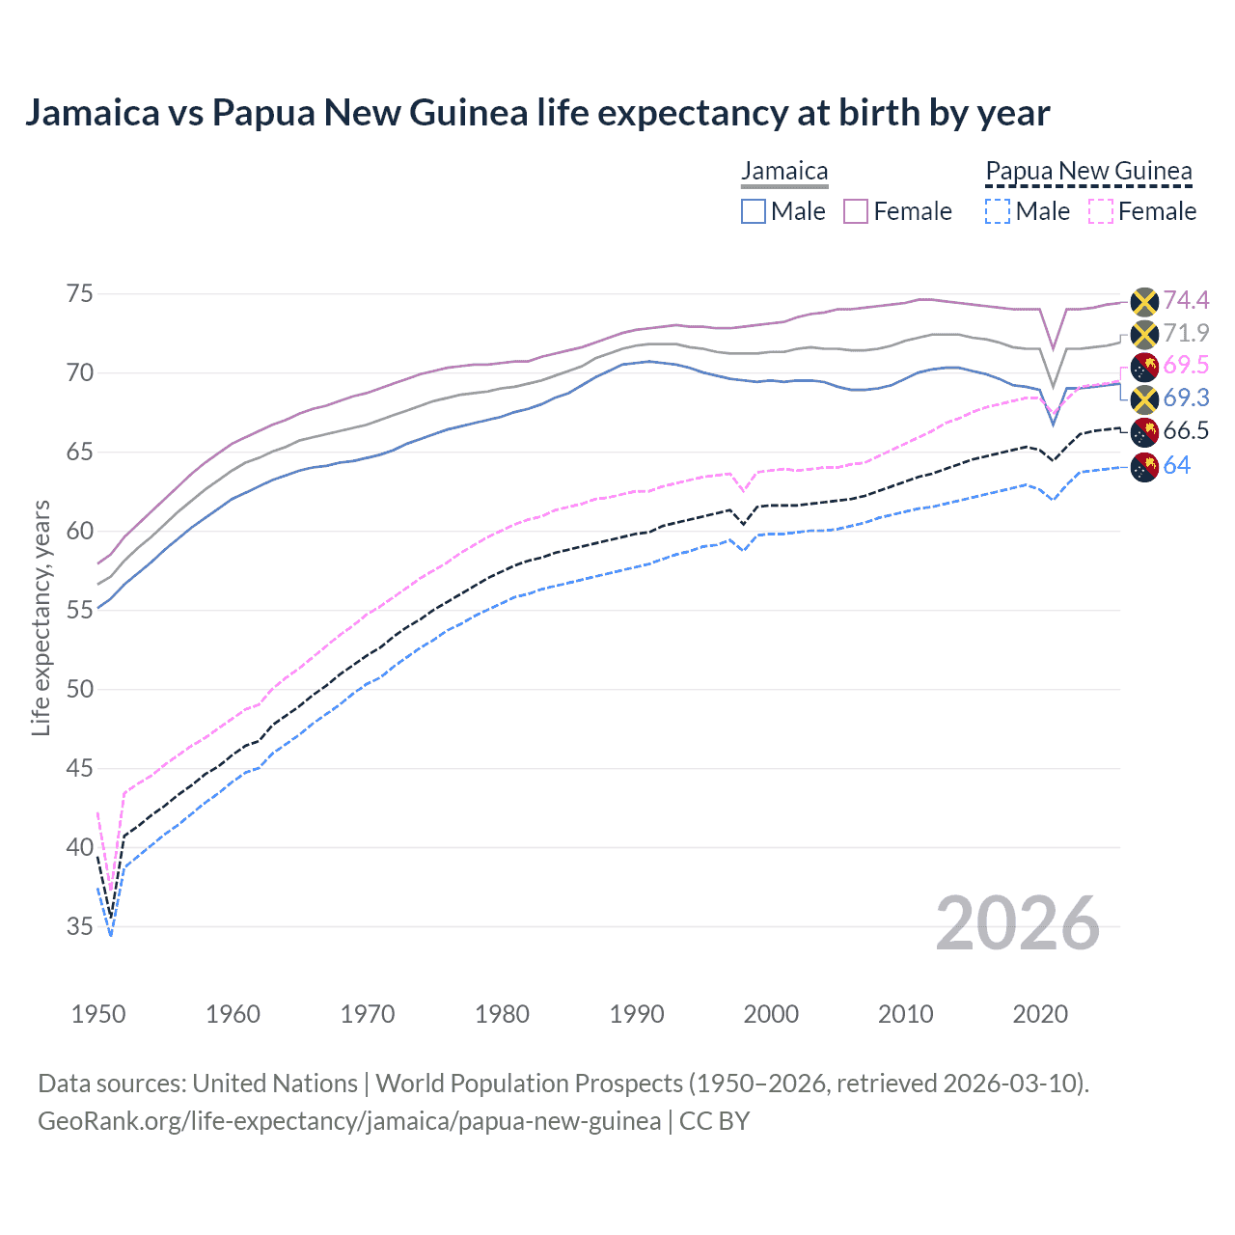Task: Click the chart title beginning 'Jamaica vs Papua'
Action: click(536, 113)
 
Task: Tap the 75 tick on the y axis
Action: click(79, 293)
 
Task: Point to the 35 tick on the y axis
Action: click(79, 926)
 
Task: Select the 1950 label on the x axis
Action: click(98, 1014)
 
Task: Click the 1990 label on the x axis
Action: click(636, 1014)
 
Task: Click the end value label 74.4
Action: click(1185, 300)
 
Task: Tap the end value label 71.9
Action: click(1185, 333)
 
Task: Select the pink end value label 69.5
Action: click(1185, 366)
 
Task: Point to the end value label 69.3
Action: click(1185, 398)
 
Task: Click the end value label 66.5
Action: click(1185, 431)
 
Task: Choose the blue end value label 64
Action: click(1176, 466)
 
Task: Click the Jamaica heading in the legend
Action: click(784, 172)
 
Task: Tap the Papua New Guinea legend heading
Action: click(1088, 172)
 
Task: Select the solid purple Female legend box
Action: click(856, 211)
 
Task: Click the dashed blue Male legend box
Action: click(998, 211)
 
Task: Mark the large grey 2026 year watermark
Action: click(1017, 923)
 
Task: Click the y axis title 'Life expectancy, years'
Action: click(41, 617)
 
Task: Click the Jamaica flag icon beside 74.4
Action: click(1143, 301)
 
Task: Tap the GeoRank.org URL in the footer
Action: click(349, 1121)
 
